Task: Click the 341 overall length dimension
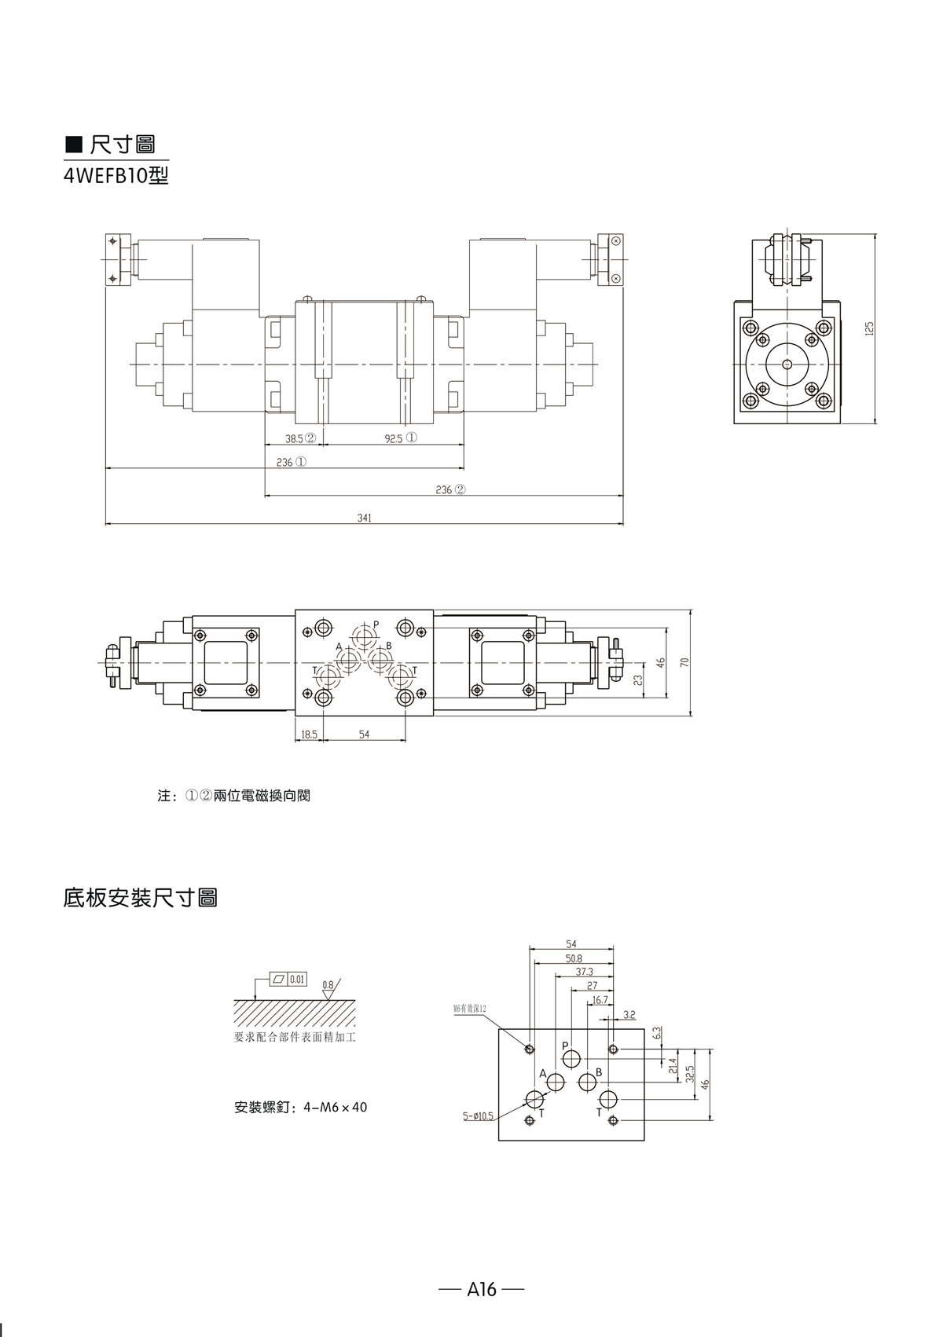click(364, 518)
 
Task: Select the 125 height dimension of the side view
click(869, 328)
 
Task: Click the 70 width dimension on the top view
click(684, 662)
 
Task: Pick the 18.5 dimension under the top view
click(309, 734)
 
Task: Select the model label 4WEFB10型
click(116, 176)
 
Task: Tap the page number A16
click(482, 1289)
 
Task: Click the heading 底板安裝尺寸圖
click(140, 897)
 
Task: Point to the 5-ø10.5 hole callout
click(479, 1115)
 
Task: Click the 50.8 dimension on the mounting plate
click(574, 958)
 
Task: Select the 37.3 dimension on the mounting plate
click(585, 972)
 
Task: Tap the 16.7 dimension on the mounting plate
click(600, 999)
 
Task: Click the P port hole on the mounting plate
click(572, 1057)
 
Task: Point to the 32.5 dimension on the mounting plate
click(689, 1074)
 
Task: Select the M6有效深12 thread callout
click(470, 1008)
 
